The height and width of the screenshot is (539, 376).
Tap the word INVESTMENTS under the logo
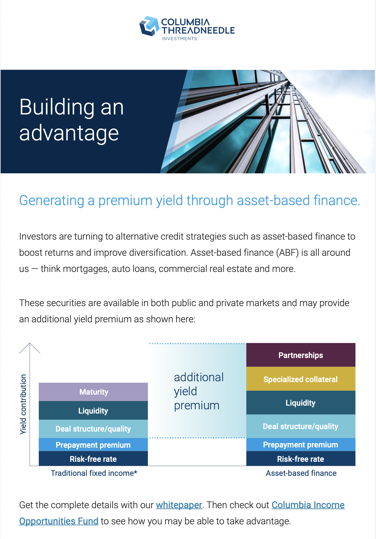tap(179, 39)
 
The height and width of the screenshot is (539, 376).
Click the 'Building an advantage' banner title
tap(71, 120)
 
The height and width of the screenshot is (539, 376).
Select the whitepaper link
tap(179, 505)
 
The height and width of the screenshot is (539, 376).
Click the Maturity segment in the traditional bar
tap(93, 392)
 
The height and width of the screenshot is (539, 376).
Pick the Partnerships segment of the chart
tap(301, 355)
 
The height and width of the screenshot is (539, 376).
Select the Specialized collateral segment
tap(301, 379)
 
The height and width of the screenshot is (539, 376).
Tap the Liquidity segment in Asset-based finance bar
tap(301, 403)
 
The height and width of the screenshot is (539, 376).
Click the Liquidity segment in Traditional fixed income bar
tap(93, 411)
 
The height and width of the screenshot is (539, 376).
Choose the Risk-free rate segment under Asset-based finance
tap(301, 459)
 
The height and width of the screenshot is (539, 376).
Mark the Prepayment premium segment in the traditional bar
tap(93, 445)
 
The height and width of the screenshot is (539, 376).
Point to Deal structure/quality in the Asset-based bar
tap(301, 426)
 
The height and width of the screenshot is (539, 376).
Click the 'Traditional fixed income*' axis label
tap(94, 473)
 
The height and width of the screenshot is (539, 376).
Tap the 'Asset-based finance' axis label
tap(301, 473)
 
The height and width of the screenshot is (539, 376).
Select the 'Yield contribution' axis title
tap(23, 404)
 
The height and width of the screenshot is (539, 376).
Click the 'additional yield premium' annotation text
tap(199, 391)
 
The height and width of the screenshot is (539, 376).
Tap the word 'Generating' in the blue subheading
tap(52, 201)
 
